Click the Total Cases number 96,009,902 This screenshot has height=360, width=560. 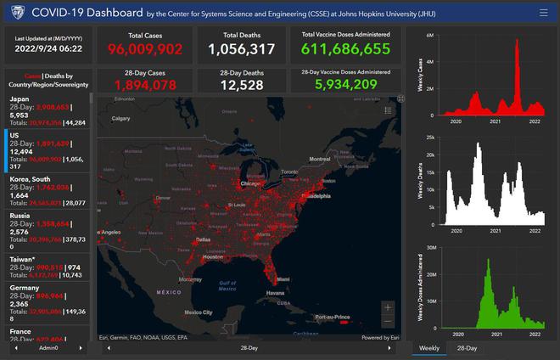pos(146,49)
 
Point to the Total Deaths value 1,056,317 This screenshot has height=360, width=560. pos(242,49)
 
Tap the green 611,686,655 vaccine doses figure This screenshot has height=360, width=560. pos(345,49)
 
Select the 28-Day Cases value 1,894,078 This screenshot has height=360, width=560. pos(146,85)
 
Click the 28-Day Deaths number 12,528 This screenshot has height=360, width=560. pos(242,85)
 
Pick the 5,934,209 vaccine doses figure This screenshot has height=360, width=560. pos(345,85)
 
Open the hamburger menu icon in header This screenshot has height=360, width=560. pos(543,13)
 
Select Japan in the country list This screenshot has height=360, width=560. pos(20,99)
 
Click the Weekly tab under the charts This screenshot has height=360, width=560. pos(428,348)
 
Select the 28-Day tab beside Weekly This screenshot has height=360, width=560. pos(467,348)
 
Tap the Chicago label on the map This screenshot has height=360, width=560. pos(250,183)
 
